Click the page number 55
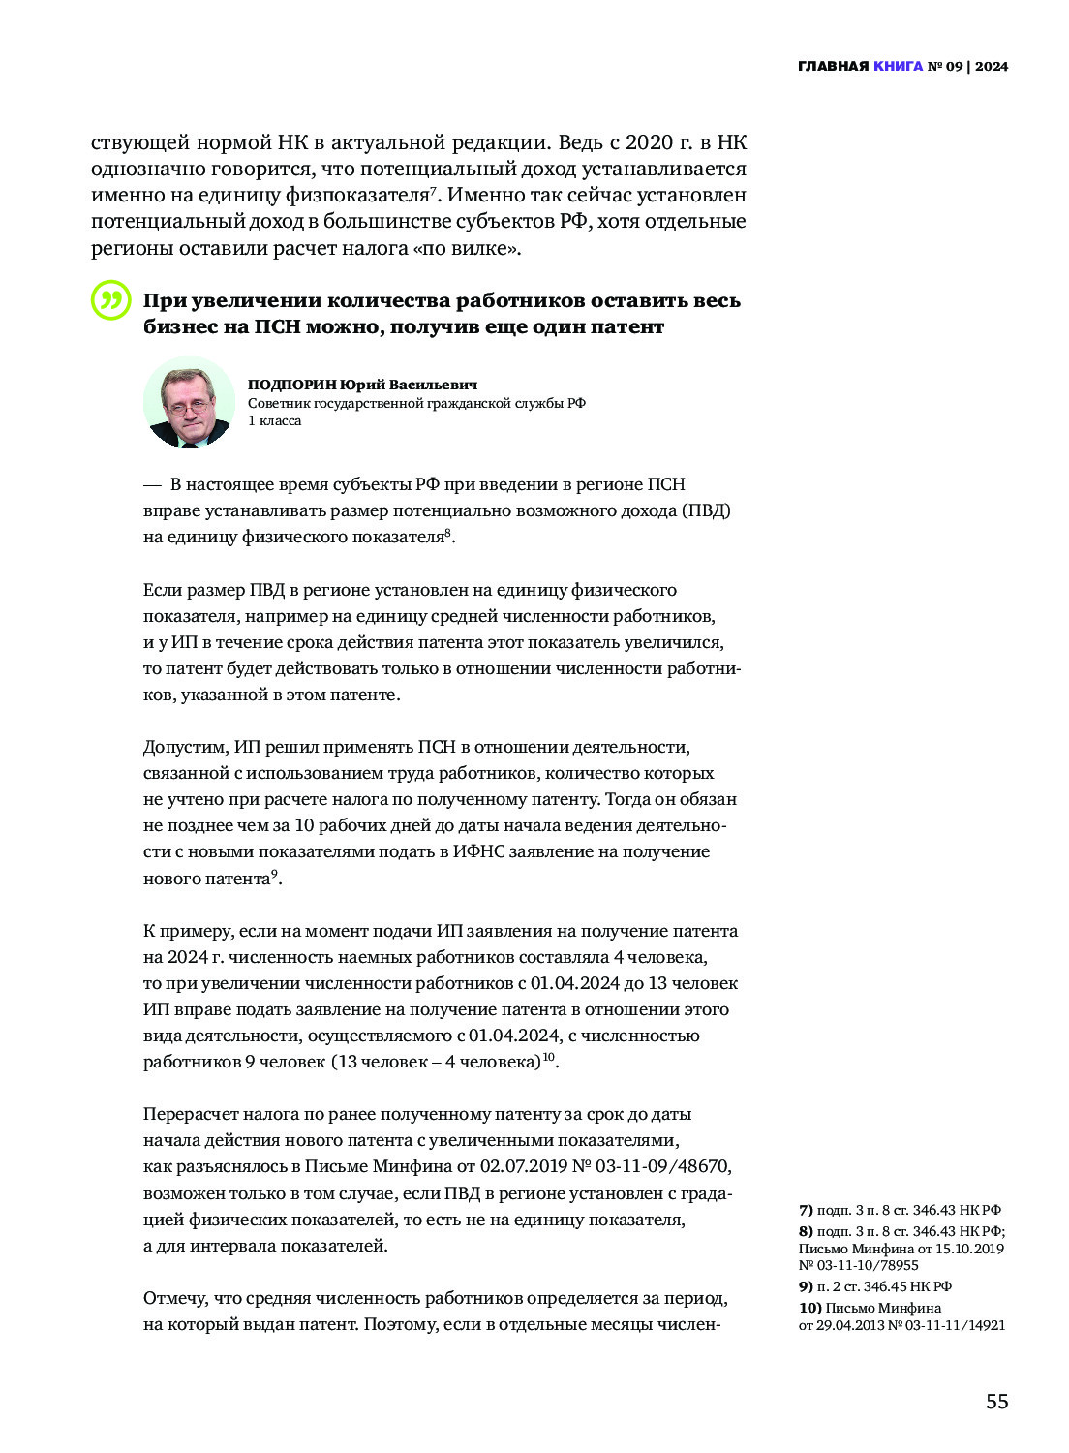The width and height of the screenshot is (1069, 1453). tap(996, 1402)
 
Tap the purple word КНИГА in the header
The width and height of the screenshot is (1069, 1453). tap(898, 66)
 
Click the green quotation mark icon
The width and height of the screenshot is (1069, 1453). tap(110, 300)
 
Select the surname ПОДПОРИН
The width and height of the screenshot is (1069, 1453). tap(291, 385)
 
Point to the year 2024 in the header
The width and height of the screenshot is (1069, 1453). tap(992, 66)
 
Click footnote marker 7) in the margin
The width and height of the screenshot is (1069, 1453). tap(806, 1210)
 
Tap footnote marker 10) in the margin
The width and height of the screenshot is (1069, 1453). tap(809, 1308)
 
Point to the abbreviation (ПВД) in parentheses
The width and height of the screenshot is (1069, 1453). tap(705, 510)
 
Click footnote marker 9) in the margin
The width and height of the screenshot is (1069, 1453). tap(806, 1286)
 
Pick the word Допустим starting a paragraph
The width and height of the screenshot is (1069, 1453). tap(186, 747)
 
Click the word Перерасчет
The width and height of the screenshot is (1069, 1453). tap(190, 1114)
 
